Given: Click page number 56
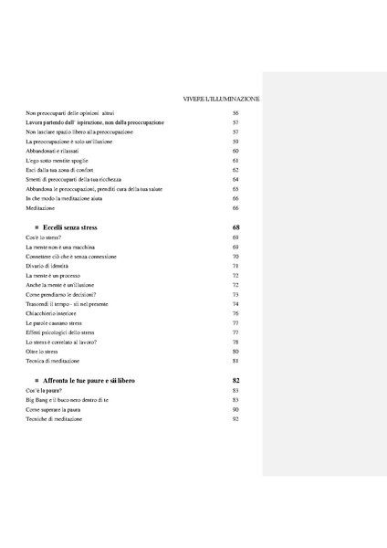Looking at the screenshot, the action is click(x=235, y=112).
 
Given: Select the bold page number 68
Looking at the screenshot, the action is click(x=235, y=226).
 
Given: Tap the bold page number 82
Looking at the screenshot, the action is click(x=235, y=379).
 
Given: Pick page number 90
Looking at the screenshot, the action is click(x=235, y=409).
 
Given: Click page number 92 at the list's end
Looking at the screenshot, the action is click(x=235, y=418).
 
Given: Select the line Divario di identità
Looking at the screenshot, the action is click(x=50, y=266).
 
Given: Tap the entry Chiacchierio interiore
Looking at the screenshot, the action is click(x=54, y=313).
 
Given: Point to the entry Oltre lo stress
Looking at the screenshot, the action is click(x=45, y=352).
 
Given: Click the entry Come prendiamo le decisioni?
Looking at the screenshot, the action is click(x=64, y=294).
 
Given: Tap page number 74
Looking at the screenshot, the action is click(x=235, y=304).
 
